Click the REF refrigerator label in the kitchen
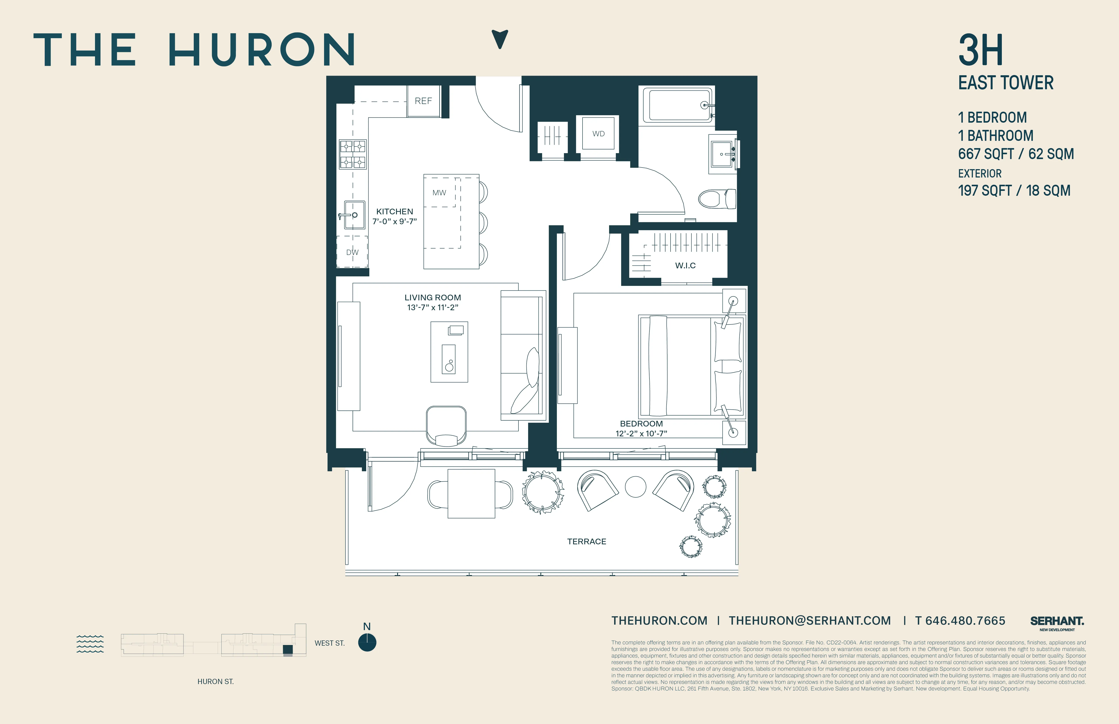coord(423,101)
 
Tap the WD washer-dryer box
coord(598,134)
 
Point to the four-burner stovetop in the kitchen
coord(353,154)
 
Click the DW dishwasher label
coord(352,253)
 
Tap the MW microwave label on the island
coord(439,193)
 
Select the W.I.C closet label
coord(685,266)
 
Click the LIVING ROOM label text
coord(432,297)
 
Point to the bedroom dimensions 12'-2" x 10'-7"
coord(641,434)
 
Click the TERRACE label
coord(586,542)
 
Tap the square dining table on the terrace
coord(471,494)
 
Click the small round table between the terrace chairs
coord(635,487)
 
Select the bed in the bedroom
coord(691,367)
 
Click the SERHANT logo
coord(1056,622)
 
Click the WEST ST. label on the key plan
coord(330,643)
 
